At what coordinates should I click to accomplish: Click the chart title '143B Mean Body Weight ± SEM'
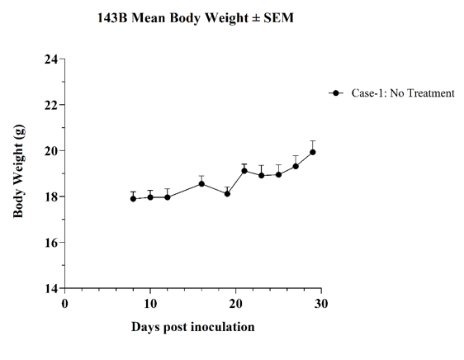pos(196,18)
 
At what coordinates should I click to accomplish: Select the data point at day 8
pos(133,199)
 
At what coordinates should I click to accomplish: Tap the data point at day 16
pos(201,184)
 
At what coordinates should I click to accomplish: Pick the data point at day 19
pos(227,193)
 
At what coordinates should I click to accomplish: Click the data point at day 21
pos(244,171)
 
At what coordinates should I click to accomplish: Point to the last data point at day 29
pos(312,152)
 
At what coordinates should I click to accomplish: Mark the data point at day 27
pos(296,167)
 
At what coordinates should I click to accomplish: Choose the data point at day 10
pos(150,197)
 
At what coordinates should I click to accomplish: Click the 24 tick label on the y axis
pos(51,59)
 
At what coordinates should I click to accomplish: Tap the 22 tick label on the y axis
pos(51,105)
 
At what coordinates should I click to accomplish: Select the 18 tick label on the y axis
pos(51,197)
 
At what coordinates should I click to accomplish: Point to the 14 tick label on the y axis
pos(51,288)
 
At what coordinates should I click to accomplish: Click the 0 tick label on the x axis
pos(64,304)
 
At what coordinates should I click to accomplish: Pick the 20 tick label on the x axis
pos(236,304)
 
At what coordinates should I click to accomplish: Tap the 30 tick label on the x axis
pos(321,304)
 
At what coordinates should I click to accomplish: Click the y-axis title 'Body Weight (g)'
pos(19,171)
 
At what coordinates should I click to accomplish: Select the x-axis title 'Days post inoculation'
pos(193,327)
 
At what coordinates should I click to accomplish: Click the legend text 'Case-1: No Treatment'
pos(403,93)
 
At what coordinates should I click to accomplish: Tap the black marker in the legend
pos(336,93)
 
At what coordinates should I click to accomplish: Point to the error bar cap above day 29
pos(312,141)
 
